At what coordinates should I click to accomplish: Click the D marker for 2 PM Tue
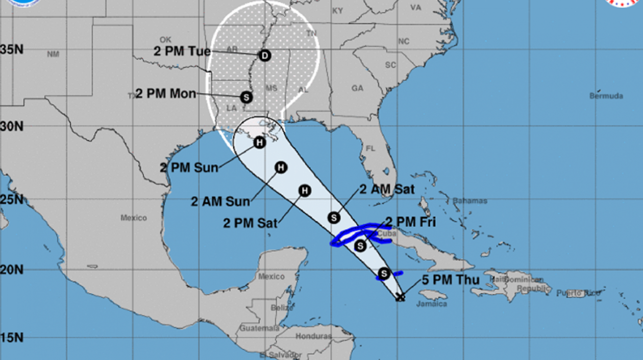click(x=264, y=56)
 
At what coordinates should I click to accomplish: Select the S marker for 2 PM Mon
click(x=246, y=97)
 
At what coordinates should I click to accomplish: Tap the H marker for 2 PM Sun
click(x=260, y=142)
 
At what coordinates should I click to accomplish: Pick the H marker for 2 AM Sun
click(x=280, y=167)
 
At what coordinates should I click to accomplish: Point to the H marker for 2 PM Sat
click(x=305, y=191)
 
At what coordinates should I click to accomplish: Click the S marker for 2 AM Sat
click(x=334, y=218)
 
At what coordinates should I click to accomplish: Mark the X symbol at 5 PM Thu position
click(x=401, y=297)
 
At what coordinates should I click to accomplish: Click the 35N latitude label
click(x=11, y=50)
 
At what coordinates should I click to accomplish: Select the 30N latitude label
click(x=11, y=126)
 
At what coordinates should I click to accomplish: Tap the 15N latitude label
click(x=11, y=338)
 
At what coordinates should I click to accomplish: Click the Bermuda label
click(x=606, y=96)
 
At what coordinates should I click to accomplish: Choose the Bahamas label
click(x=469, y=201)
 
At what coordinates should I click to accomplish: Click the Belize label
click(x=282, y=308)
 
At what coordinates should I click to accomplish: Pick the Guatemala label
click(x=260, y=328)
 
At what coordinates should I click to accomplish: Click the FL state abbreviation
click(x=370, y=149)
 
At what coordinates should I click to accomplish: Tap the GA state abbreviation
click(x=357, y=88)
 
